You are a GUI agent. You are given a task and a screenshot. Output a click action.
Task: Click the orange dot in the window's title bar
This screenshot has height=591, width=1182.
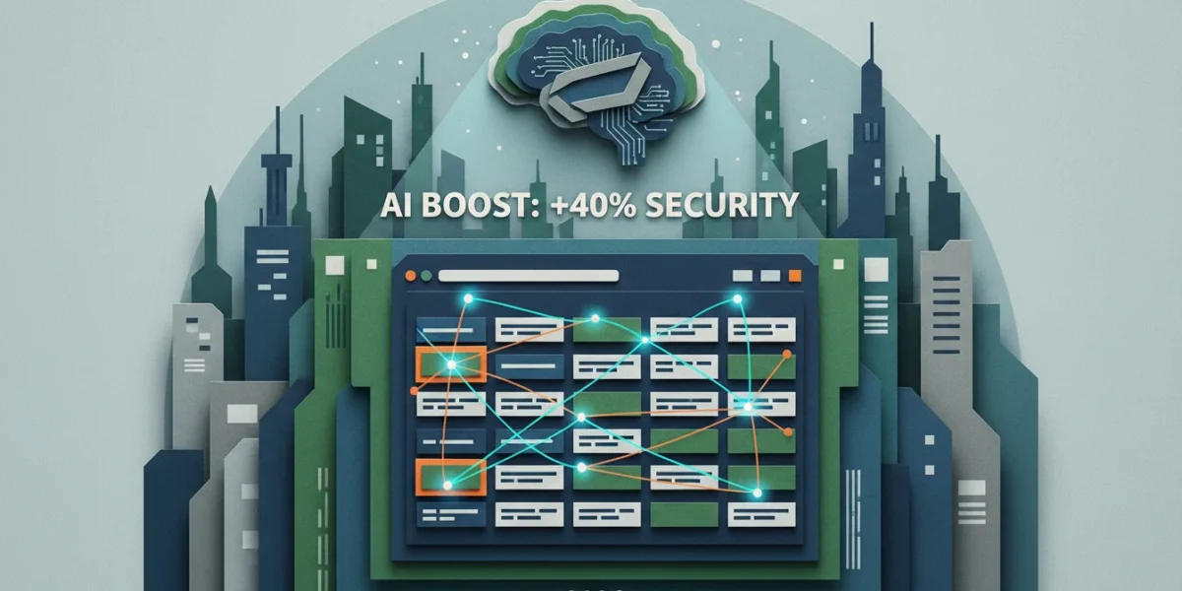point(410,276)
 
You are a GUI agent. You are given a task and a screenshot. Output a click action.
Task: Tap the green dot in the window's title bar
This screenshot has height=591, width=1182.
point(427,276)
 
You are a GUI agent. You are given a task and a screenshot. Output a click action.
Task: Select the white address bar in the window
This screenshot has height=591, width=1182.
point(528,276)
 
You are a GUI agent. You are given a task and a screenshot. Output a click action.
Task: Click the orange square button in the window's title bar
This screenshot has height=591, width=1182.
point(795,276)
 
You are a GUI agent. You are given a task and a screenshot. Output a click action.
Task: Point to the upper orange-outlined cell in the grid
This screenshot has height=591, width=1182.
point(451,364)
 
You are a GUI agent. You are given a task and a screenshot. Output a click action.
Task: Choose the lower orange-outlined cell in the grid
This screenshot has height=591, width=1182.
point(451,477)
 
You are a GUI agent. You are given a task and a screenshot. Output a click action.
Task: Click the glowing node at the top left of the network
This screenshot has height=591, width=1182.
point(468,298)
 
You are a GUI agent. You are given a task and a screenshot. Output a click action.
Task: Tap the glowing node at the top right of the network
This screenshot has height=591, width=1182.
point(738,299)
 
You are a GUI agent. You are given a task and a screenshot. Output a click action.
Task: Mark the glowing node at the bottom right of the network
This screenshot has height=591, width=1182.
point(757,492)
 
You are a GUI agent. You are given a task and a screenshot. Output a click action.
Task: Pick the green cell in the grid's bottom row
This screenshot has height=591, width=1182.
point(685,514)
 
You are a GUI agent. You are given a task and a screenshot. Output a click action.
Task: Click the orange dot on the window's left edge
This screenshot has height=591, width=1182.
point(415,391)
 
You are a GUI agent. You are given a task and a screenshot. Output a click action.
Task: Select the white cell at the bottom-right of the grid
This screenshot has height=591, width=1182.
point(761,514)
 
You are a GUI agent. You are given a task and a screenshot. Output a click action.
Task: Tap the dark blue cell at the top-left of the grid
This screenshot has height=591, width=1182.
point(451,330)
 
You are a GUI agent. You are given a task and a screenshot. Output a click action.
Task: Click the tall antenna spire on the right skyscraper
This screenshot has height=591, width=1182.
point(871,45)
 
